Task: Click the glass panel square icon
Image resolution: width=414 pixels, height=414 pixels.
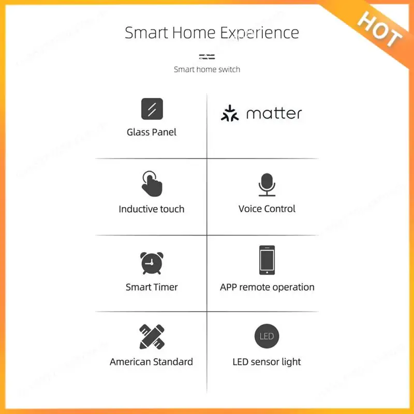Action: (x=152, y=109)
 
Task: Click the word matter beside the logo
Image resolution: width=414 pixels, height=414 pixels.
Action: (x=274, y=113)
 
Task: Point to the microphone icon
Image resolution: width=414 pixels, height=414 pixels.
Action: (x=267, y=184)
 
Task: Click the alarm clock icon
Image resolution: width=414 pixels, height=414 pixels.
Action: (x=152, y=263)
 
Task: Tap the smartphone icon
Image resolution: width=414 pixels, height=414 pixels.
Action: (x=267, y=260)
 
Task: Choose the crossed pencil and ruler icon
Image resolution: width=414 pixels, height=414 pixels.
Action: (x=152, y=336)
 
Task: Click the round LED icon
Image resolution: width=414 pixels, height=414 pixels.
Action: (x=267, y=336)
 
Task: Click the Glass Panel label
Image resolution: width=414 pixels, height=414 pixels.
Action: (x=152, y=132)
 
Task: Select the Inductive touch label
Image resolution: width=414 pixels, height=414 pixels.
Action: (x=152, y=209)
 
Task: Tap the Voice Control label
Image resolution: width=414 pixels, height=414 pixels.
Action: (x=267, y=209)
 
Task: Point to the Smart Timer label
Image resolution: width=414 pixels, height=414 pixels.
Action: (x=152, y=287)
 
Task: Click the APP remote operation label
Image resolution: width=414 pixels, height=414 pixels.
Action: (x=267, y=287)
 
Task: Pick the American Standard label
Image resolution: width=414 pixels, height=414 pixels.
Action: (x=152, y=362)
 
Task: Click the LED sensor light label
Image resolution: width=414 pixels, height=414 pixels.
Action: (x=267, y=362)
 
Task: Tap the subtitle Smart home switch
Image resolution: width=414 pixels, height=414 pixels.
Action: (x=207, y=69)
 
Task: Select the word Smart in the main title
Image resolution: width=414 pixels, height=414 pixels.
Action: (x=146, y=33)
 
